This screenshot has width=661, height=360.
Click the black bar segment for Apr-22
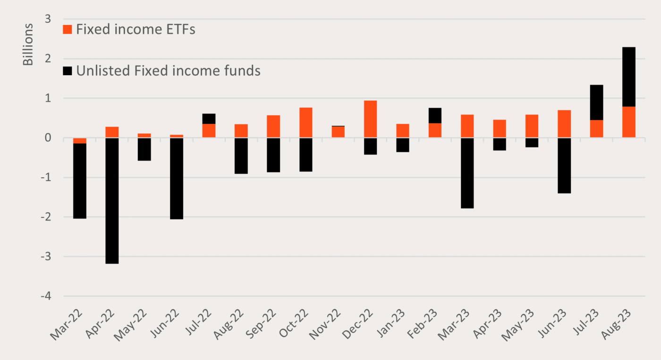[112, 200]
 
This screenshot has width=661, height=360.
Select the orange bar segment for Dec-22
[370, 119]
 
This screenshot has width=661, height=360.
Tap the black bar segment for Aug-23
[628, 77]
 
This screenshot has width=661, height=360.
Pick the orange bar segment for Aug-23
[628, 122]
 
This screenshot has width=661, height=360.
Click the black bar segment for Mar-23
[467, 173]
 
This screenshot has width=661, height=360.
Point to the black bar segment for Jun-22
[177, 179]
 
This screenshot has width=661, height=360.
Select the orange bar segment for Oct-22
[305, 122]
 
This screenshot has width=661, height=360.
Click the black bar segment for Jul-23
[596, 103]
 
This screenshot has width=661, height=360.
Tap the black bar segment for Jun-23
[564, 165]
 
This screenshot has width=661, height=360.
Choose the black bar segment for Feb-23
[435, 115]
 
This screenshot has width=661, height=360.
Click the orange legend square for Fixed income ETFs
[68, 29]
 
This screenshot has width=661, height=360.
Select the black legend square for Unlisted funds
[68, 71]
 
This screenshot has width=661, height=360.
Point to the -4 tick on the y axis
[47, 296]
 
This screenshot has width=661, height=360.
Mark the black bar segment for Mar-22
[80, 180]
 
